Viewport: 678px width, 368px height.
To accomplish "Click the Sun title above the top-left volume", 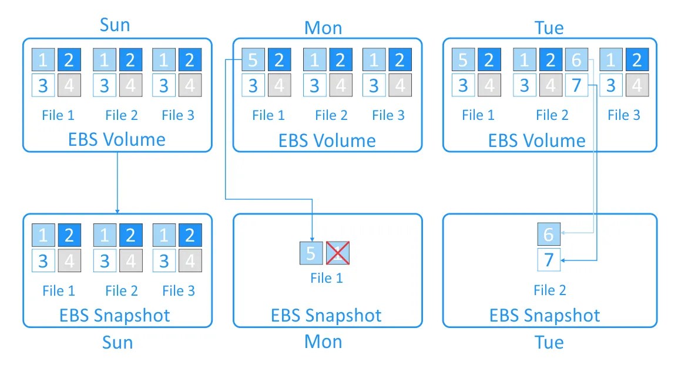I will (115, 25).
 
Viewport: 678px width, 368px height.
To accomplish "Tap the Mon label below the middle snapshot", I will (323, 342).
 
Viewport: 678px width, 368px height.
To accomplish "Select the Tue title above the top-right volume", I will (549, 28).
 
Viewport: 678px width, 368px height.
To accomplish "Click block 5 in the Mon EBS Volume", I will (253, 60).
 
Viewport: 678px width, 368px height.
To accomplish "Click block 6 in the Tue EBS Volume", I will (576, 60).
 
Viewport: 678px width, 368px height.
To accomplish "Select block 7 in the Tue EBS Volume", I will (576, 85).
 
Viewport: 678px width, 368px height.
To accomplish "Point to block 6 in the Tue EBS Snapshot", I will (549, 234).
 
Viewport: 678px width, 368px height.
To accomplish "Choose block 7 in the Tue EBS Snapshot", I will (549, 260).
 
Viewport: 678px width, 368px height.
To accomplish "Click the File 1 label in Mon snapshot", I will (326, 277).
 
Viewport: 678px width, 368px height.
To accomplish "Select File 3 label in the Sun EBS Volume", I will (177, 115).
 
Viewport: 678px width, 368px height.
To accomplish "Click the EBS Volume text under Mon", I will (327, 140).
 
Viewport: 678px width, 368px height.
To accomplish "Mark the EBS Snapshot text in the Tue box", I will (545, 315).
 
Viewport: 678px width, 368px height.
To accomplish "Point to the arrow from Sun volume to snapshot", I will (118, 182).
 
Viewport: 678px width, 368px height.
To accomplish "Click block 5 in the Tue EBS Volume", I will (463, 60).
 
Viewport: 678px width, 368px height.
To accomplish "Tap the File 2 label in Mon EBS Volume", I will (331, 115).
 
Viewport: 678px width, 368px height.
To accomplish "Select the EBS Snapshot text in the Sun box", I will (115, 315).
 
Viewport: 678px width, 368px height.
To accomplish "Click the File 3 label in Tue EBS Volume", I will (623, 115).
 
